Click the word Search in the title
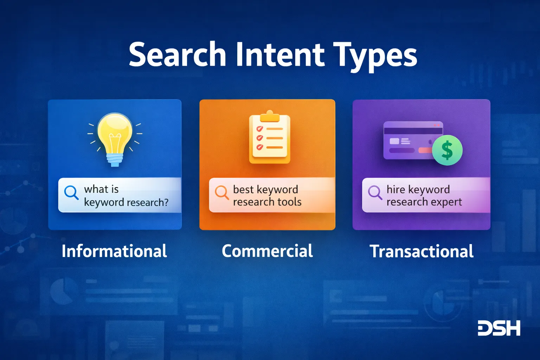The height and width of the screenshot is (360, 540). point(178,55)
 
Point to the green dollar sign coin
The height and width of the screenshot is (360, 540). point(447,150)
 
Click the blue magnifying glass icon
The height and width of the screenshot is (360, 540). point(71,193)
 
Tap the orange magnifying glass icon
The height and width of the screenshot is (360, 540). point(222,192)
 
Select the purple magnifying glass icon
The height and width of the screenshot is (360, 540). point(375,192)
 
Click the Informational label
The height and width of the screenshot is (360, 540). point(114,251)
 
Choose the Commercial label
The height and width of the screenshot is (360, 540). point(267,251)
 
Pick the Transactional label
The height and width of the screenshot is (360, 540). point(422,251)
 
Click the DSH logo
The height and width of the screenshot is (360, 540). point(499,328)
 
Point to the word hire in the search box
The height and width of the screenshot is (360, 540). point(396,189)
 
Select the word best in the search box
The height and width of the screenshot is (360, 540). point(243,189)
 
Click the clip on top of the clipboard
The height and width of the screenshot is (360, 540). point(270,115)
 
